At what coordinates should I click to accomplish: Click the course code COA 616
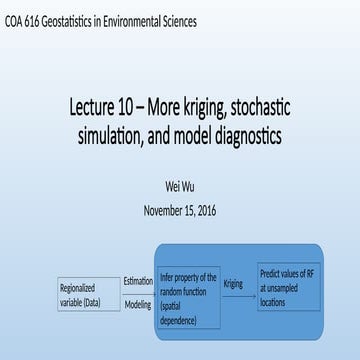pos(25,20)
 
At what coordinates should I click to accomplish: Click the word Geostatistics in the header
pos(79,20)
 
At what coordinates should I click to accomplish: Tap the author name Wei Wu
pos(179,186)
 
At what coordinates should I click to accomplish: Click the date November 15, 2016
pos(180,210)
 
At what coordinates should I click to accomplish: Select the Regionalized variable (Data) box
pos(88,293)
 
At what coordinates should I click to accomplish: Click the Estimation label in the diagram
pos(137,281)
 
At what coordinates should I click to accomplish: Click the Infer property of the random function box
pos(187,296)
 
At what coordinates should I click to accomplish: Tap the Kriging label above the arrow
pos(234,285)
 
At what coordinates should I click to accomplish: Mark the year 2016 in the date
pos(203,210)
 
